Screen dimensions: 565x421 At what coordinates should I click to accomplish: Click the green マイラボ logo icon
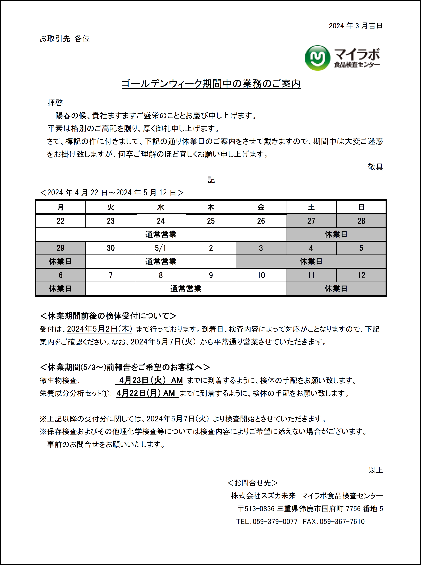(x=317, y=58)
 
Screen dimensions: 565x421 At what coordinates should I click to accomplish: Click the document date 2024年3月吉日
(x=355, y=26)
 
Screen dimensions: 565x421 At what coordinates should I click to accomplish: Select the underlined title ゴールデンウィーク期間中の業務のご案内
(x=211, y=84)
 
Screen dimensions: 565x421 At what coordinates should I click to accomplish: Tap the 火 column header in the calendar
(x=111, y=207)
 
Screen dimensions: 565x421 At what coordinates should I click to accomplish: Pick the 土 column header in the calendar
(x=311, y=207)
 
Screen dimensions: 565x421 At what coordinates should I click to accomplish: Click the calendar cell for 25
(x=211, y=221)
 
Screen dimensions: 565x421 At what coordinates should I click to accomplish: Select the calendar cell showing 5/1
(x=161, y=248)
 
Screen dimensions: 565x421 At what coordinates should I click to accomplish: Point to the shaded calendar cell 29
(x=61, y=248)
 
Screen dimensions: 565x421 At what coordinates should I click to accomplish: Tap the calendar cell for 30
(x=111, y=248)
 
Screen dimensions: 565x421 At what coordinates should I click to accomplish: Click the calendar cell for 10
(x=261, y=275)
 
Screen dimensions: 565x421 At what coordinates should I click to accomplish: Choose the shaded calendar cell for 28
(x=361, y=221)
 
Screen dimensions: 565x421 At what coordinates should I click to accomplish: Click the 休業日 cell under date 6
(x=61, y=289)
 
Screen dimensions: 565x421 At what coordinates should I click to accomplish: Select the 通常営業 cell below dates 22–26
(x=161, y=234)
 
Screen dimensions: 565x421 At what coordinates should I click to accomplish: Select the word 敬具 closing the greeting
(x=375, y=167)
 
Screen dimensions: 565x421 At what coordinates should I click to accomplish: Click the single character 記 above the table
(x=211, y=180)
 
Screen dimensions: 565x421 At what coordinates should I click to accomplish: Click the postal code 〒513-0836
(x=256, y=509)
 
